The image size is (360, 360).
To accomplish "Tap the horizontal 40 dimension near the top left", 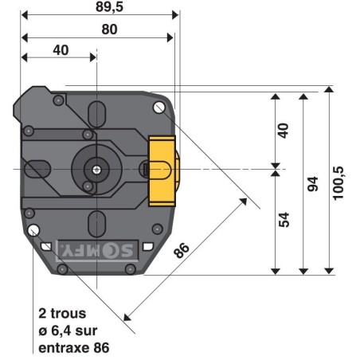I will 60,49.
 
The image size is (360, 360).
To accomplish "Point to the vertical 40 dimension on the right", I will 284,130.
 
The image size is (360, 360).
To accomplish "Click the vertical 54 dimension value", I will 284,220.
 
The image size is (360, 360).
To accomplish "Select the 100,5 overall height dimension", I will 339,183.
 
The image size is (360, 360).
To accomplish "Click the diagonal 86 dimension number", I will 182,250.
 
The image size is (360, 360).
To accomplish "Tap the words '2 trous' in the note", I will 61,313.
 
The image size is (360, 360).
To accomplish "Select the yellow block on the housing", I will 162,170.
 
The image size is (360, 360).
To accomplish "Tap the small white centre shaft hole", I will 96,169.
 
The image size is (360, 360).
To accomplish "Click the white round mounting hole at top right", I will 158,105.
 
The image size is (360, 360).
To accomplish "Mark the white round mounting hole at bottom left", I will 33,231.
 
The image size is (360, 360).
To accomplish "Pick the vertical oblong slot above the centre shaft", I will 96,113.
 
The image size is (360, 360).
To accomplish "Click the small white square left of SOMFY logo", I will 47,246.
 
